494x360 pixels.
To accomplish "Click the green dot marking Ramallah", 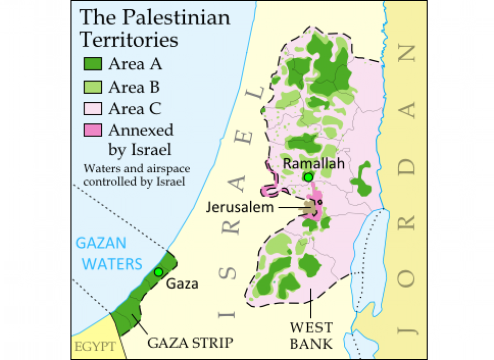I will pos(308,177).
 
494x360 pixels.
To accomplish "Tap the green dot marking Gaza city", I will pos(158,272).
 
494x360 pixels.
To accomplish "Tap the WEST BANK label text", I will pos(311,334).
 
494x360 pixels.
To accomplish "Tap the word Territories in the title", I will pos(129,40).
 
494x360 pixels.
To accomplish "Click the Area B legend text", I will pos(134,87).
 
